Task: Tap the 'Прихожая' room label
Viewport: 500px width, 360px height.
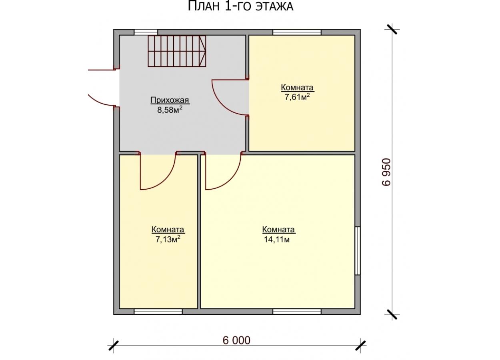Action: point(170,100)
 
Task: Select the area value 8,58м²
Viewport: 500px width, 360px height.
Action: point(170,110)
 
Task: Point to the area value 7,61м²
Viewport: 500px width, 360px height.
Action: point(297,97)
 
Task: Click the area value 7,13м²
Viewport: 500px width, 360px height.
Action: point(168,239)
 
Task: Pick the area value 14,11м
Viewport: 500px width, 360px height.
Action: point(277,240)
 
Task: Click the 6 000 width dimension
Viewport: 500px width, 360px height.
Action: point(236,340)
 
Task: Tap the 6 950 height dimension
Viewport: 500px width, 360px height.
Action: point(387,172)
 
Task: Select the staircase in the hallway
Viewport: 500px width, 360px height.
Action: point(177,51)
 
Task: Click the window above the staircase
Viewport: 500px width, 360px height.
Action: point(146,32)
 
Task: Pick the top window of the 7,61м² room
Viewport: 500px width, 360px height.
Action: point(297,32)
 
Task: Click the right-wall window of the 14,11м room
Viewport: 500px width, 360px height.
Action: point(358,251)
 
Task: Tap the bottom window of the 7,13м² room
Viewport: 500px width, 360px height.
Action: point(158,312)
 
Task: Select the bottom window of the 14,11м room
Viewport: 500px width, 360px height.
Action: point(297,312)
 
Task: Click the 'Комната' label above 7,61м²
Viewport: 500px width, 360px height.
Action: point(297,88)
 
